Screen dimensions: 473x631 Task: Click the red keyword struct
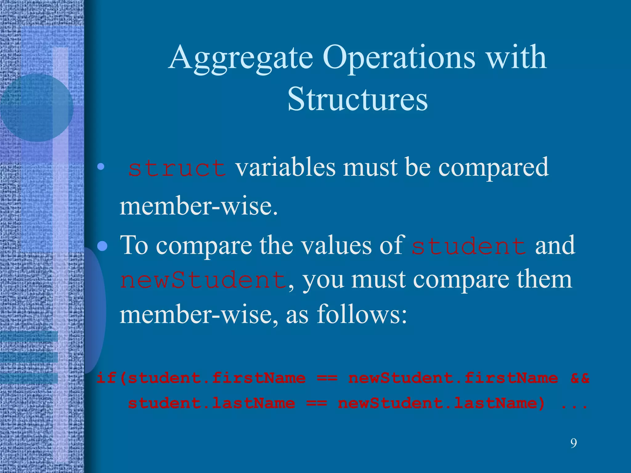tap(177, 168)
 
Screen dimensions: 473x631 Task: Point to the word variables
tap(285, 168)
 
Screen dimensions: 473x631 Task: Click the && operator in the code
tap(580, 378)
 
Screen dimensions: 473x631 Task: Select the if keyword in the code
tap(106, 378)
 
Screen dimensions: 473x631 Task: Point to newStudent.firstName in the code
tap(453, 378)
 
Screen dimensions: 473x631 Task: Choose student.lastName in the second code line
tap(211, 403)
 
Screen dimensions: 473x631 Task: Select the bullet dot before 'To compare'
tap(102, 246)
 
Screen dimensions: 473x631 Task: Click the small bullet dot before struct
tap(100, 167)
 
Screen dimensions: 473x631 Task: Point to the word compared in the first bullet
tap(493, 168)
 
